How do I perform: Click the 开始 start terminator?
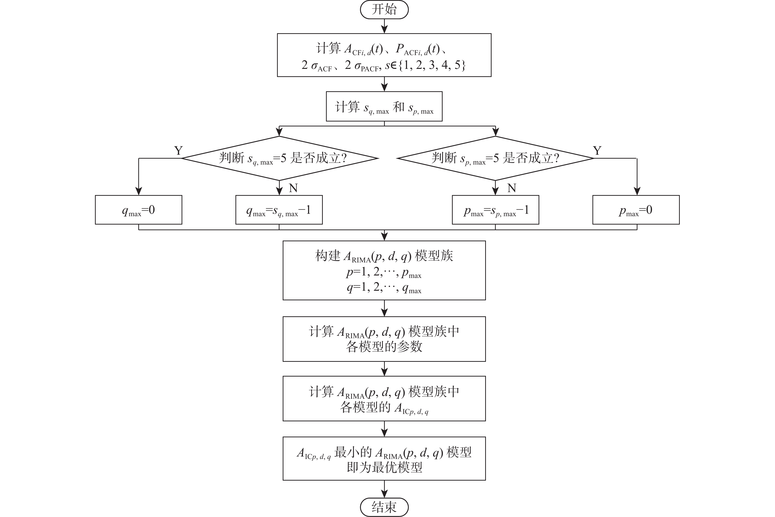tap(384, 10)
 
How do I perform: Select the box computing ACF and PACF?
tap(384, 55)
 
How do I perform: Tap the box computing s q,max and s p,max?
tap(384, 106)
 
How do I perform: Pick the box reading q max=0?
tap(139, 210)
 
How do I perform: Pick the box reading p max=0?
tap(636, 210)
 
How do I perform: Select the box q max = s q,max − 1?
tap(279, 210)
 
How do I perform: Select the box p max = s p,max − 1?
tap(495, 210)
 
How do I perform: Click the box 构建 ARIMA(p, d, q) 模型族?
tap(384, 270)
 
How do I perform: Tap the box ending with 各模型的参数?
tap(384, 339)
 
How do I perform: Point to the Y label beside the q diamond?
tap(178, 151)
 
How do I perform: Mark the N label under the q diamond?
tap(293, 188)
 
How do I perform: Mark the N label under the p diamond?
tap(511, 188)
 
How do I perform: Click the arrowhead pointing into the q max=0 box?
tap(139, 191)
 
